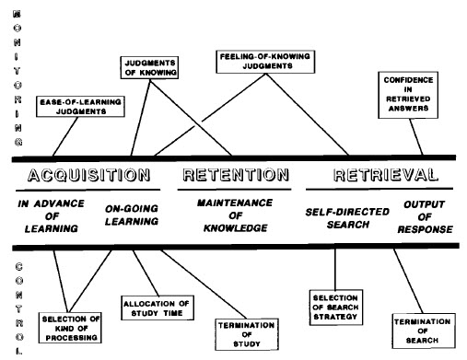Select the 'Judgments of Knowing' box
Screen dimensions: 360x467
tap(150, 67)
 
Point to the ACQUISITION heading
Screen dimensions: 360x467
tap(85, 175)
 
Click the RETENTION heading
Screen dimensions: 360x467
tap(237, 175)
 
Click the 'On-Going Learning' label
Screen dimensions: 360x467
tap(134, 214)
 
